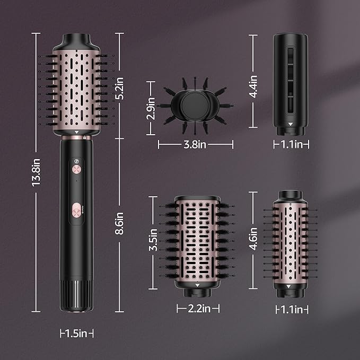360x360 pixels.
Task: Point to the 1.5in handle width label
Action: pos(76,333)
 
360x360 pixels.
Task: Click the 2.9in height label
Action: pos(153,108)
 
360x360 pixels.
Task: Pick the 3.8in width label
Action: pos(195,143)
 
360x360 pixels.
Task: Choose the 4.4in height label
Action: pos(253,86)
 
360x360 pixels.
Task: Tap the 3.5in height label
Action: pos(153,240)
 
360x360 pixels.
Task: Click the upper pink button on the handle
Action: pos(77,170)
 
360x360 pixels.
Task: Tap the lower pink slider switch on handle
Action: pos(76,210)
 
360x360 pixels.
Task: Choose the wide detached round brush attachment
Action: pos(197,244)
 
